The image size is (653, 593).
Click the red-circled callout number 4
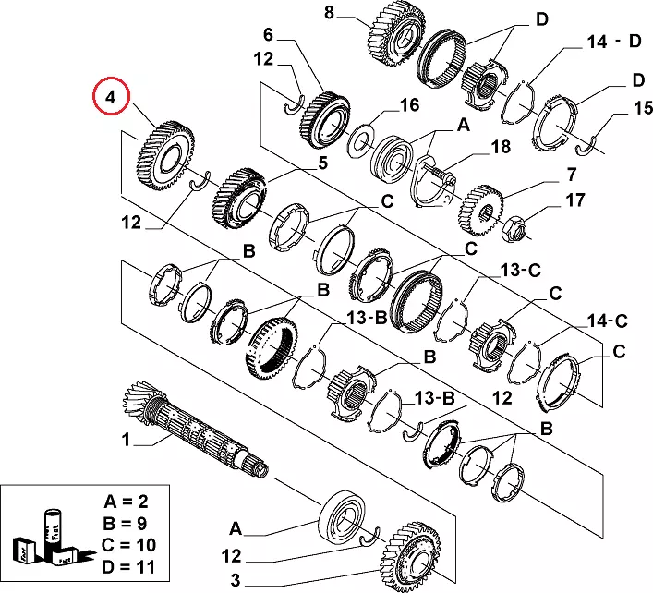click(x=111, y=97)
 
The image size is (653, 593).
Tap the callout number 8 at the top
click(x=329, y=13)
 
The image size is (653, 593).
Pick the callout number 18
click(x=500, y=147)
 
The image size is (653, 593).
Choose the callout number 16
click(x=408, y=105)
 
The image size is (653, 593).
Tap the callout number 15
click(x=616, y=109)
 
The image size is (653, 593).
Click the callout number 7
click(x=571, y=174)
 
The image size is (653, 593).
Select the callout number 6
click(x=269, y=36)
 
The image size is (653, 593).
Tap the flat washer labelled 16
click(x=360, y=141)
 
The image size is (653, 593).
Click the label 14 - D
click(x=613, y=42)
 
